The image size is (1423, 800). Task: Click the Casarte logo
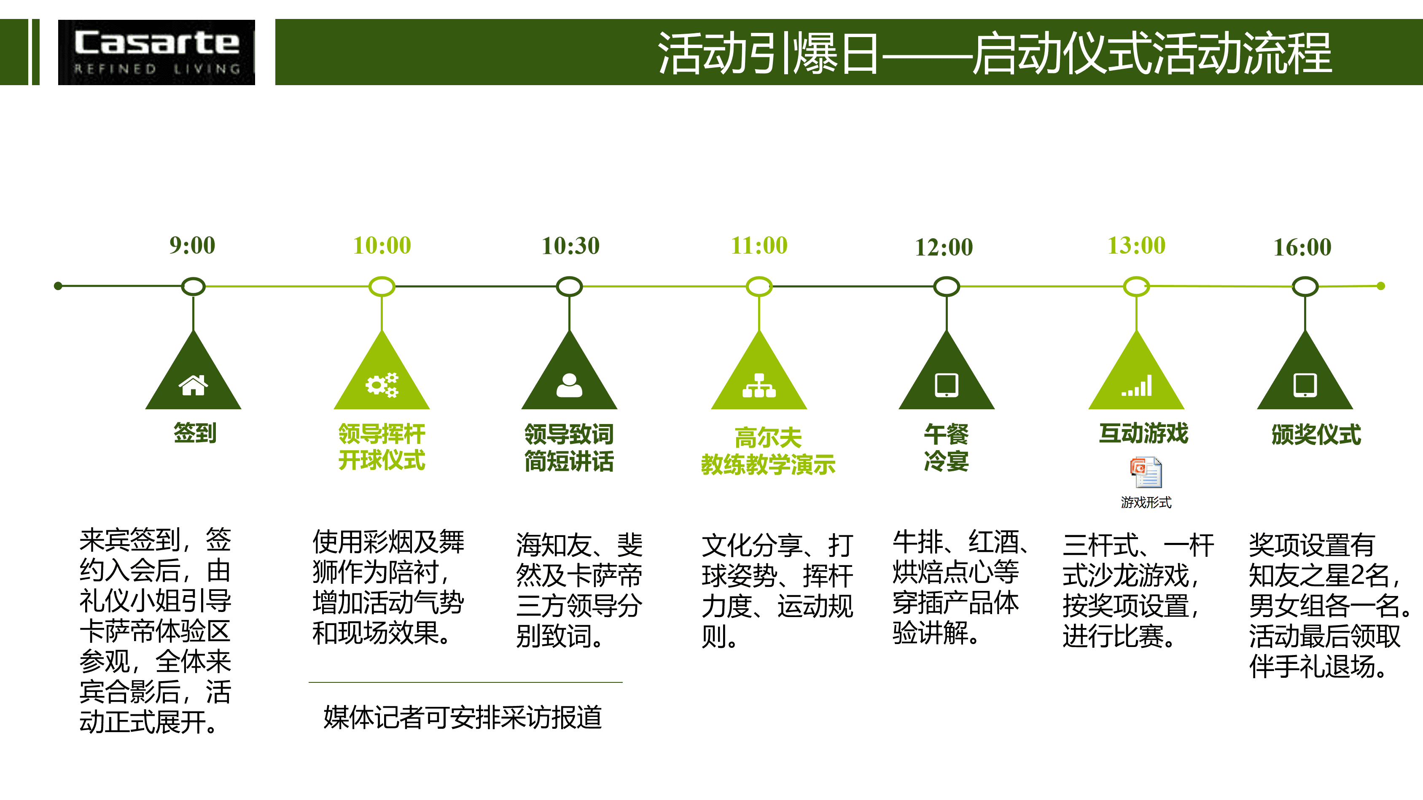(156, 52)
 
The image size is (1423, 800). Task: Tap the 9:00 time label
(192, 245)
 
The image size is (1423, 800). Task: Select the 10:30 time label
(570, 246)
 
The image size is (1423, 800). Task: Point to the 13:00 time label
(1137, 245)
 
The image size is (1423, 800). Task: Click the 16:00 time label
(1302, 247)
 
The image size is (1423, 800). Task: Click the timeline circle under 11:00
(759, 287)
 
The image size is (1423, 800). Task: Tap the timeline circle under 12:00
(946, 287)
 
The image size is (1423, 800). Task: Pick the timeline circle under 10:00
(382, 287)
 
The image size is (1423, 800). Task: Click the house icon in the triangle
(194, 385)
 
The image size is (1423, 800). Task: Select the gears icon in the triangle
(382, 385)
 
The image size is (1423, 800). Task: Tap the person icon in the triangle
(570, 385)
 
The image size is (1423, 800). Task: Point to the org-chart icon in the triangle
(759, 385)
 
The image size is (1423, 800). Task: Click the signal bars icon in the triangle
(1137, 385)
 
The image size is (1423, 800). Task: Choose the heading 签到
(195, 433)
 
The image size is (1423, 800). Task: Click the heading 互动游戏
(1143, 433)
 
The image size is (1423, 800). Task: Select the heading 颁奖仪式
(1316, 435)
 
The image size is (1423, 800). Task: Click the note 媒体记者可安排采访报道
(463, 717)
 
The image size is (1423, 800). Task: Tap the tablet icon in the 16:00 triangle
(1305, 385)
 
